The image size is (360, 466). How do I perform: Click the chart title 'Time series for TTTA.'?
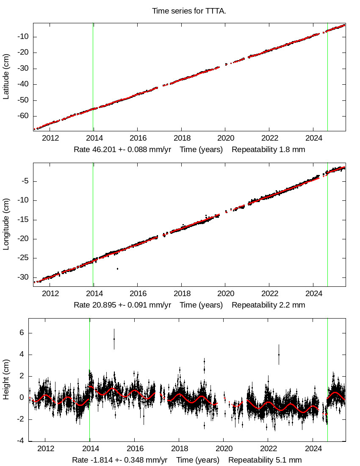pos(189,11)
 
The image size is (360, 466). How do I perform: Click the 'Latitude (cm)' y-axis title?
pos(6,76)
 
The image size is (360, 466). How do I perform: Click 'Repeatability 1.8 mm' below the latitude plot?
pos(268,150)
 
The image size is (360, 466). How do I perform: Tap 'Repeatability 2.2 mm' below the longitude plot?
pos(268,305)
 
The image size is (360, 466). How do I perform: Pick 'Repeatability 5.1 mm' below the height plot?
pos(265,460)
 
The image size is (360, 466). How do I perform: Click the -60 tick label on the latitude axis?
pos(23,116)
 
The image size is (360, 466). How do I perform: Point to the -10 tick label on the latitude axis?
pos(23,37)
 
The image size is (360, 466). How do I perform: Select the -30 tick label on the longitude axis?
pos(23,277)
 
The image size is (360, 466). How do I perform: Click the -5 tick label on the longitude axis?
pos(25,181)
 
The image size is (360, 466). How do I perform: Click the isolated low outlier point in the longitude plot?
pos(117,269)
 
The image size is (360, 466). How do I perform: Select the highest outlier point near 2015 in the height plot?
pos(114,339)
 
